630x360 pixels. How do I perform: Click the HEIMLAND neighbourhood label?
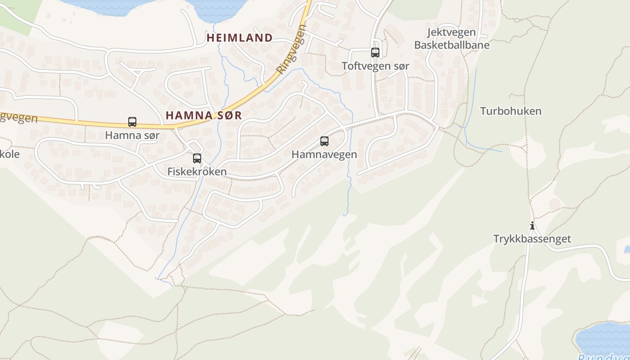point(239,38)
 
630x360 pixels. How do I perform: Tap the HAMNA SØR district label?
point(203,115)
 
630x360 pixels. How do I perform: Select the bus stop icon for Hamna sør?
point(132,121)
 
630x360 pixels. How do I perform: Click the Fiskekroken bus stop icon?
point(197,158)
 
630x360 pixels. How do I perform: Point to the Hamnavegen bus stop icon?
point(324,141)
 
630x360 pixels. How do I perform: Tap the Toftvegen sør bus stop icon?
point(375,52)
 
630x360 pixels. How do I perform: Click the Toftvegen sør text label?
point(375,66)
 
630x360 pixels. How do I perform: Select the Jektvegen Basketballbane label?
point(445,39)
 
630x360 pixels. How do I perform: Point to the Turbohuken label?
point(510,111)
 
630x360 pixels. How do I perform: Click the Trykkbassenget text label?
point(532,239)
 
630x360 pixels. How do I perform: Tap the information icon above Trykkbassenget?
point(532,225)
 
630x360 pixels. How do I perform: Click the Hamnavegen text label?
point(324,154)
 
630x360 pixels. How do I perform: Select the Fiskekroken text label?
point(197,171)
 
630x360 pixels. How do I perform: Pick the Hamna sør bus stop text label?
point(132,135)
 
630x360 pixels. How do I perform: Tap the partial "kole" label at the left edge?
point(10,154)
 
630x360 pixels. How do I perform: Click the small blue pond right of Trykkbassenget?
point(627,249)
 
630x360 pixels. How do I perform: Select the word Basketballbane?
point(445,45)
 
